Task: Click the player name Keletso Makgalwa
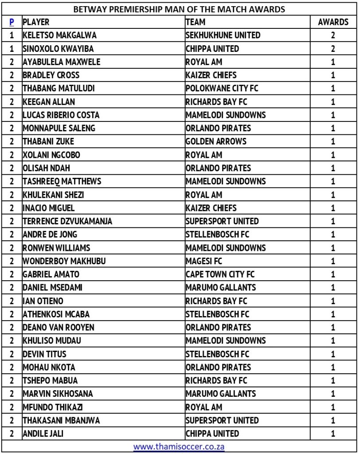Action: [x=59, y=35]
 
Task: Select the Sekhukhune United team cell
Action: [x=223, y=35]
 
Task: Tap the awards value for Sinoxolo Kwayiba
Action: [x=333, y=48]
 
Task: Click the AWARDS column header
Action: [x=333, y=22]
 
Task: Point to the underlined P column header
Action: [x=12, y=22]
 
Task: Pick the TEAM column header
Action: [x=196, y=22]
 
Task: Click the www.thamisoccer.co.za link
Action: [x=179, y=446]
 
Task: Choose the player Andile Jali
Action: [x=43, y=433]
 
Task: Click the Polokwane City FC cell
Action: [x=222, y=88]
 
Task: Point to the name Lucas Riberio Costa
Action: [x=61, y=115]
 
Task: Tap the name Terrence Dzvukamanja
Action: [x=67, y=221]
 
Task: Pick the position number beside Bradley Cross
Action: [x=12, y=75]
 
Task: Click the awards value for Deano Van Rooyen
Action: [x=333, y=327]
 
